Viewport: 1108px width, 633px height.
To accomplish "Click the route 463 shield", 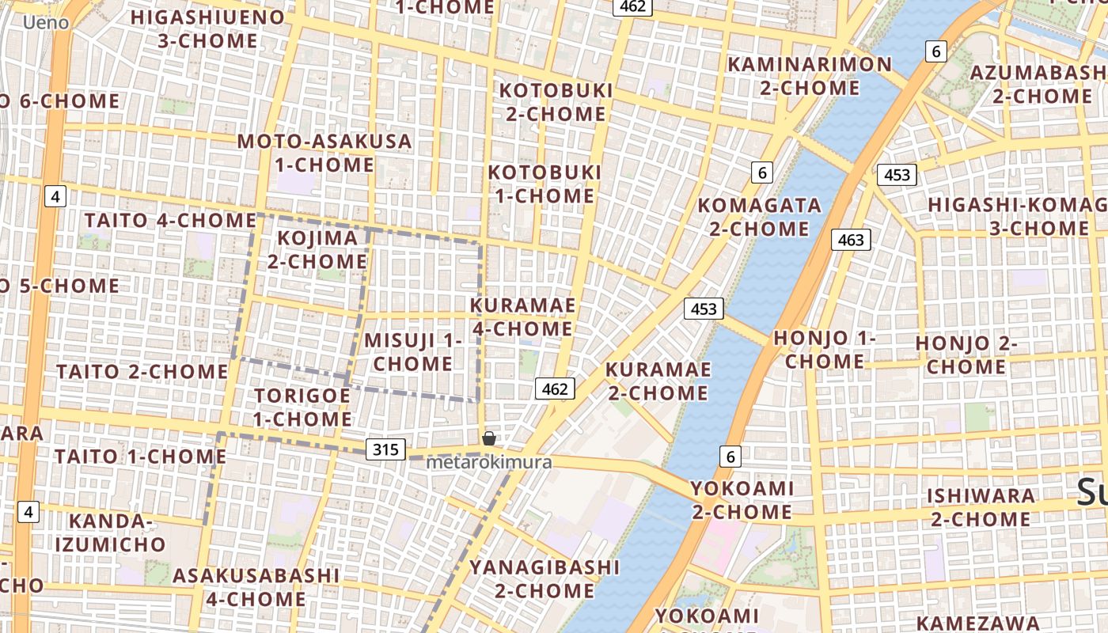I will pyautogui.click(x=851, y=239).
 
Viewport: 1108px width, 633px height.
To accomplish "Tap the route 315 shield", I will pyautogui.click(x=385, y=449).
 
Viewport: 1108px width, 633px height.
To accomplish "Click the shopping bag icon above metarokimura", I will pyautogui.click(x=489, y=438).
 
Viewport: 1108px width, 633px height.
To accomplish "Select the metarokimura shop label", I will pyautogui.click(x=488, y=462).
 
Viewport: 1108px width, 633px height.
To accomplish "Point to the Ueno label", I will pyautogui.click(x=46, y=22).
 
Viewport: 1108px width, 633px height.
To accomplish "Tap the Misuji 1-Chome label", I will pyautogui.click(x=412, y=352).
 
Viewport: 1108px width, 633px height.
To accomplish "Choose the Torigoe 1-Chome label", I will pyautogui.click(x=302, y=407).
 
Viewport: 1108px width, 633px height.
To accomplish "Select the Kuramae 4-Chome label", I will pyautogui.click(x=522, y=316).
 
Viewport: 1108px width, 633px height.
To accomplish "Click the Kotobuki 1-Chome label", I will pyautogui.click(x=545, y=184).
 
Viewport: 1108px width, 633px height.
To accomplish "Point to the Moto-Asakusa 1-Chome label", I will pyautogui.click(x=324, y=154).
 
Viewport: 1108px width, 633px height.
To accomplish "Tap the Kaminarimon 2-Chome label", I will pyautogui.click(x=809, y=75).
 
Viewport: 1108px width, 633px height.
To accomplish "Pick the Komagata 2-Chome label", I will pyautogui.click(x=759, y=217).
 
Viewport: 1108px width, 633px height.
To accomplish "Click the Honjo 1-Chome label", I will pyautogui.click(x=825, y=349).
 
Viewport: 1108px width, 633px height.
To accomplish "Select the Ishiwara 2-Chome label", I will pyautogui.click(x=981, y=507).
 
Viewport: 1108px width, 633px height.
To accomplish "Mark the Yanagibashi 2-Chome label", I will pyautogui.click(x=545, y=578).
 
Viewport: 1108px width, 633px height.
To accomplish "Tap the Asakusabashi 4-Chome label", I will pyautogui.click(x=256, y=586).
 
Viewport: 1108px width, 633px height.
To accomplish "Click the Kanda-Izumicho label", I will pyautogui.click(x=110, y=533).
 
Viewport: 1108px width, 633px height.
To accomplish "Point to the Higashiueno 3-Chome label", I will pyautogui.click(x=207, y=28).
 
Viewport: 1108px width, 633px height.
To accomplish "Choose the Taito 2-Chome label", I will pyautogui.click(x=142, y=371).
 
